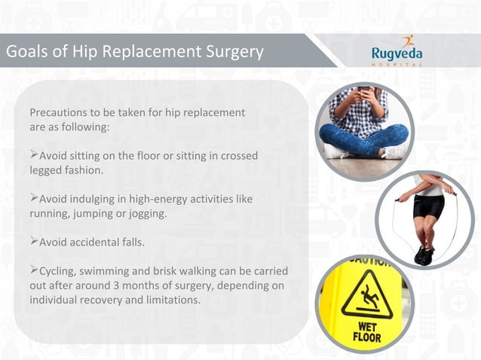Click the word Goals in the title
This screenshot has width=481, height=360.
[26, 52]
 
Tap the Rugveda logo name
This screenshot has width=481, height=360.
[397, 53]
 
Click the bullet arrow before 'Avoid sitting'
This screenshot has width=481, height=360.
[34, 155]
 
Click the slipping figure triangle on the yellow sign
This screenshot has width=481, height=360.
[365, 297]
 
